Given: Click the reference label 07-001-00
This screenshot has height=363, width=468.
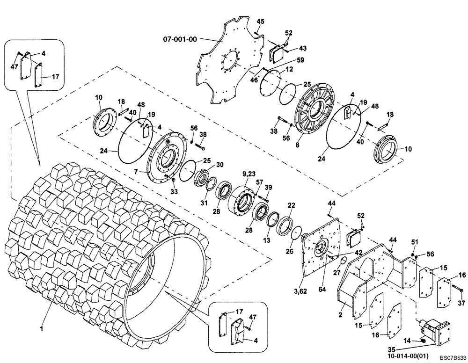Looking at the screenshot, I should [x=180, y=40].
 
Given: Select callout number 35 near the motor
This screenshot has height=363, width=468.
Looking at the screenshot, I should [x=393, y=348].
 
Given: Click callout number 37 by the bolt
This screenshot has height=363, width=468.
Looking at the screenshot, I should [x=461, y=303].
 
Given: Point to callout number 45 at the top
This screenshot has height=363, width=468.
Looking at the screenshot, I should [x=260, y=21].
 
